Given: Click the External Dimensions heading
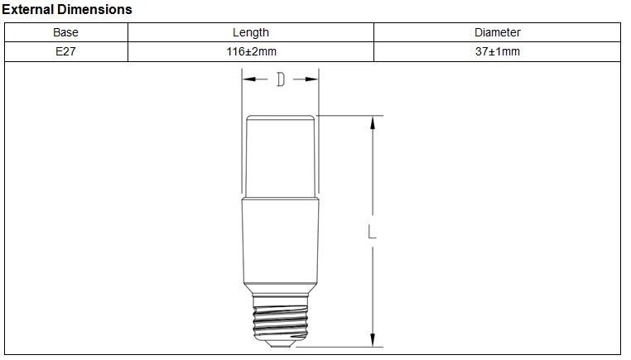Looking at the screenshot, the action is click(x=67, y=9).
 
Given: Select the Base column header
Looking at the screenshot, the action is click(x=65, y=32).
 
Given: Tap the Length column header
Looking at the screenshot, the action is click(x=251, y=32).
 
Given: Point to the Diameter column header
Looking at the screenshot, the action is click(x=498, y=32).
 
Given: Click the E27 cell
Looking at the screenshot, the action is click(x=65, y=51).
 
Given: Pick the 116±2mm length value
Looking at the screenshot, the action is click(x=252, y=51).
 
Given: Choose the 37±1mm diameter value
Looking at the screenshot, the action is click(x=498, y=51).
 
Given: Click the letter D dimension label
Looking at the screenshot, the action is click(x=281, y=79).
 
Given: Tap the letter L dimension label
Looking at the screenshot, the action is click(x=373, y=232).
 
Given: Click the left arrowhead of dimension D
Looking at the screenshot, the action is click(x=248, y=79).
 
